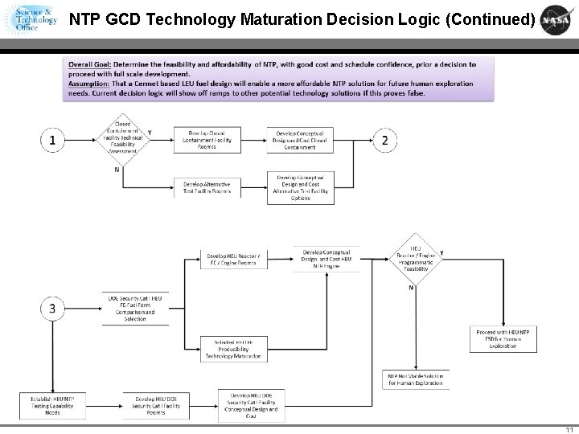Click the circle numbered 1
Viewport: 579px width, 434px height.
pos(52,141)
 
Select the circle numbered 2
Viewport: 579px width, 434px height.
pos(385,141)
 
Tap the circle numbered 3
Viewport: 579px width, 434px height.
pos(52,308)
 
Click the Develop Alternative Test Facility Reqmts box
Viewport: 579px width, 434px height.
pos(207,186)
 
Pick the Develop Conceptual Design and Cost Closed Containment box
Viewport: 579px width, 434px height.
pos(299,140)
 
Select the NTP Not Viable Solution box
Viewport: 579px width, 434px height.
pos(416,379)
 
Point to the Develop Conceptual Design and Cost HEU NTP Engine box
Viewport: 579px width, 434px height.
pos(326,259)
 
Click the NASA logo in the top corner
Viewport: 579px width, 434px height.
pos(557,19)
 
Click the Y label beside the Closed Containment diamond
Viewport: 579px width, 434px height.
pos(150,133)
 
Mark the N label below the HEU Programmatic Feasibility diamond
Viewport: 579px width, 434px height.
pos(412,287)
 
